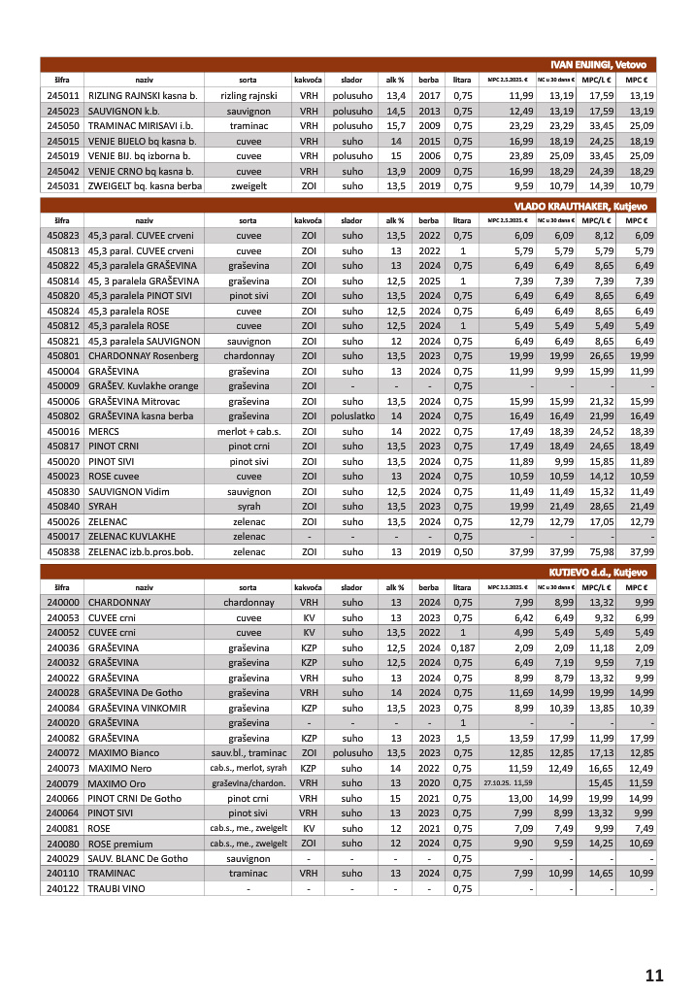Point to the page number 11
(653, 975)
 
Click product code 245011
(62, 96)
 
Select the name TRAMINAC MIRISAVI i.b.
(140, 126)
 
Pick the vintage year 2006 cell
(429, 155)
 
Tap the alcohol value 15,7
(396, 126)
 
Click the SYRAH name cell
(104, 507)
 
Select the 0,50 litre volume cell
(463, 551)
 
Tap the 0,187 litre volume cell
(463, 648)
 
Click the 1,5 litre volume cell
(463, 738)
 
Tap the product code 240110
(62, 874)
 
